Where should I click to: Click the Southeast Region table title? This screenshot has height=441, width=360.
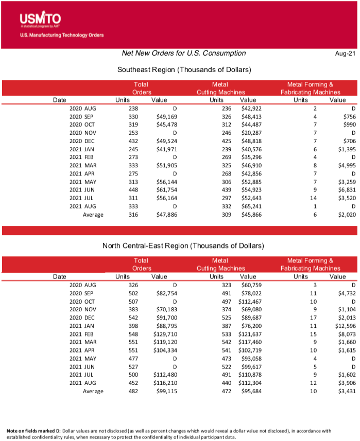[x=184, y=69]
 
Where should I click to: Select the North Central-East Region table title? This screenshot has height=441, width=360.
[x=184, y=246]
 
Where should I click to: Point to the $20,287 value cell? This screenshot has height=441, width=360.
[x=251, y=134]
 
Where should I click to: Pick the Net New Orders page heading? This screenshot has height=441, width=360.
[x=184, y=54]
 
